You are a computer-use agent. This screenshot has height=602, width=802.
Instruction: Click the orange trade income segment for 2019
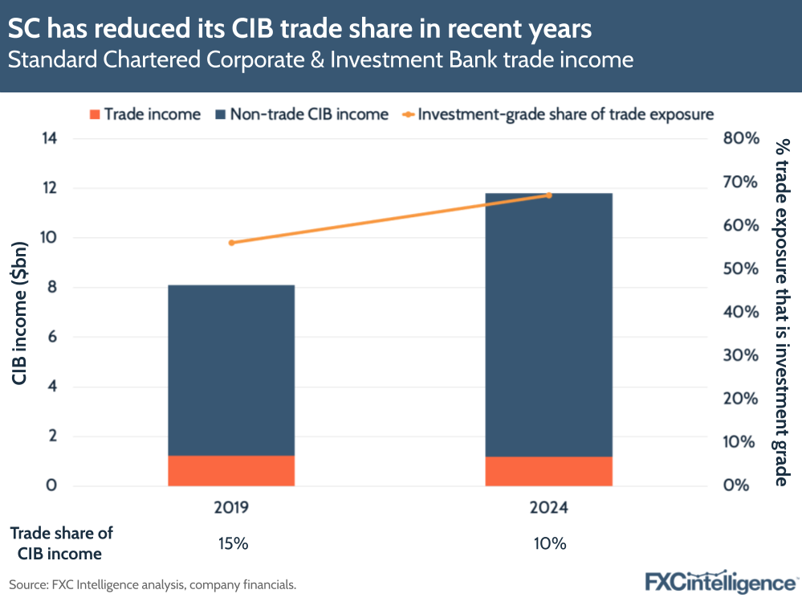pyautogui.click(x=231, y=470)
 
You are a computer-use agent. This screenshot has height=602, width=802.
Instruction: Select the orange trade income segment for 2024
pyautogui.click(x=549, y=471)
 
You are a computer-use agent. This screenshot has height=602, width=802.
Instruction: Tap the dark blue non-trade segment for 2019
pyautogui.click(x=231, y=370)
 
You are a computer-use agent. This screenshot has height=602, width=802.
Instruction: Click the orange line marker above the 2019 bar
pyautogui.click(x=231, y=243)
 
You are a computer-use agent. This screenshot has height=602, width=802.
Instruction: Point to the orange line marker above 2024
pyautogui.click(x=549, y=195)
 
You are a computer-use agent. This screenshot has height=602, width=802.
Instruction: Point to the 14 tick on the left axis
pyautogui.click(x=50, y=138)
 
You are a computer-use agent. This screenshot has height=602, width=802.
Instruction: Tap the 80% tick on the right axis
pyautogui.click(x=740, y=138)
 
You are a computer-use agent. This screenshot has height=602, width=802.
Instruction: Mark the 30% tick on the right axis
pyautogui.click(x=740, y=355)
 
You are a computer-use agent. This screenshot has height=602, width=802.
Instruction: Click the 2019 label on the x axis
pyautogui.click(x=231, y=508)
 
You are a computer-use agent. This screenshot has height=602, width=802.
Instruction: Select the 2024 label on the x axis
pyautogui.click(x=549, y=508)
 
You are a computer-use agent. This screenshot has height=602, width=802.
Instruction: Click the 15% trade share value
pyautogui.click(x=233, y=543)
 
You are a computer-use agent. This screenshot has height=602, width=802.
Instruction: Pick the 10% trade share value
pyautogui.click(x=550, y=543)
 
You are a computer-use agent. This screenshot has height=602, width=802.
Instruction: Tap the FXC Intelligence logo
pyautogui.click(x=720, y=581)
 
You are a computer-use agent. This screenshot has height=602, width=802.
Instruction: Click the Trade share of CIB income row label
pyautogui.click(x=61, y=543)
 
